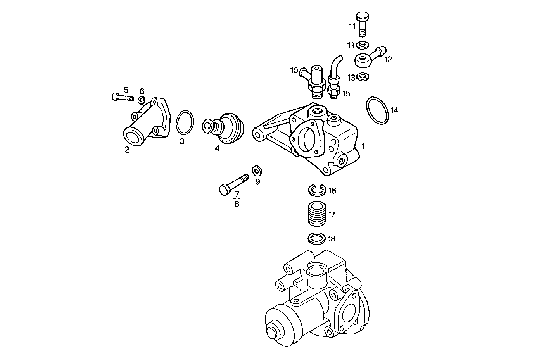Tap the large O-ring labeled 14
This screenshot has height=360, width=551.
(377, 110)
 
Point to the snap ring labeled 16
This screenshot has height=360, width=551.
(317, 190)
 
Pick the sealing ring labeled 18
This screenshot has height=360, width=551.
(317, 238)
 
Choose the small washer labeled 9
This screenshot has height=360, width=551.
(257, 171)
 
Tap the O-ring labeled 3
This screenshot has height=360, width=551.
(185, 122)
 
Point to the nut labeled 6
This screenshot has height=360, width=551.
(142, 100)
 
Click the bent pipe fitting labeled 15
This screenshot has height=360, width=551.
(334, 81)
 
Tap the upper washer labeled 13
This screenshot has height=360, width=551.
(363, 45)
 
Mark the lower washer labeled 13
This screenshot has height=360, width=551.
(363, 77)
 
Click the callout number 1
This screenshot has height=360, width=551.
(363, 146)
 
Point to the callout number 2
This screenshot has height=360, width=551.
(127, 150)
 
